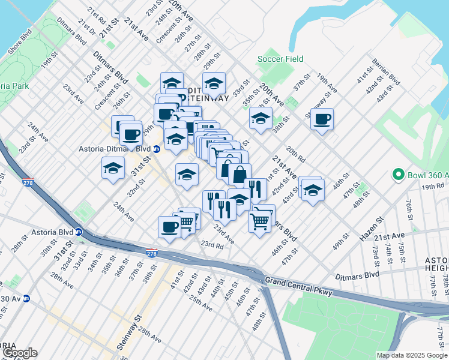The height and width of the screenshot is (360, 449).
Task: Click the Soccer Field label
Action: (x=280, y=59)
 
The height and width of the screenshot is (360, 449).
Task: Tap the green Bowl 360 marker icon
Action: (x=397, y=175)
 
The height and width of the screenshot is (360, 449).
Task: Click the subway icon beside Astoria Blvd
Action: (x=78, y=232)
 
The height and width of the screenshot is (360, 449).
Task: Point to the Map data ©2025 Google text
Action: (x=411, y=355)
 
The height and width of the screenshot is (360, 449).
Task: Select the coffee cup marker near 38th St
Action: (x=322, y=119)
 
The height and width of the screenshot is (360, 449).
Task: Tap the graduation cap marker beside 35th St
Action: (x=261, y=119)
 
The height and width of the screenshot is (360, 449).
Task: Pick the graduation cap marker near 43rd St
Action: (x=312, y=190)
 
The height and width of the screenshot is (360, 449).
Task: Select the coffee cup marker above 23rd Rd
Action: (x=169, y=227)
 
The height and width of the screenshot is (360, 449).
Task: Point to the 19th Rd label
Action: (x=431, y=187)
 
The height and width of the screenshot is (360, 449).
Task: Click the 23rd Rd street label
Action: (x=212, y=245)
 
